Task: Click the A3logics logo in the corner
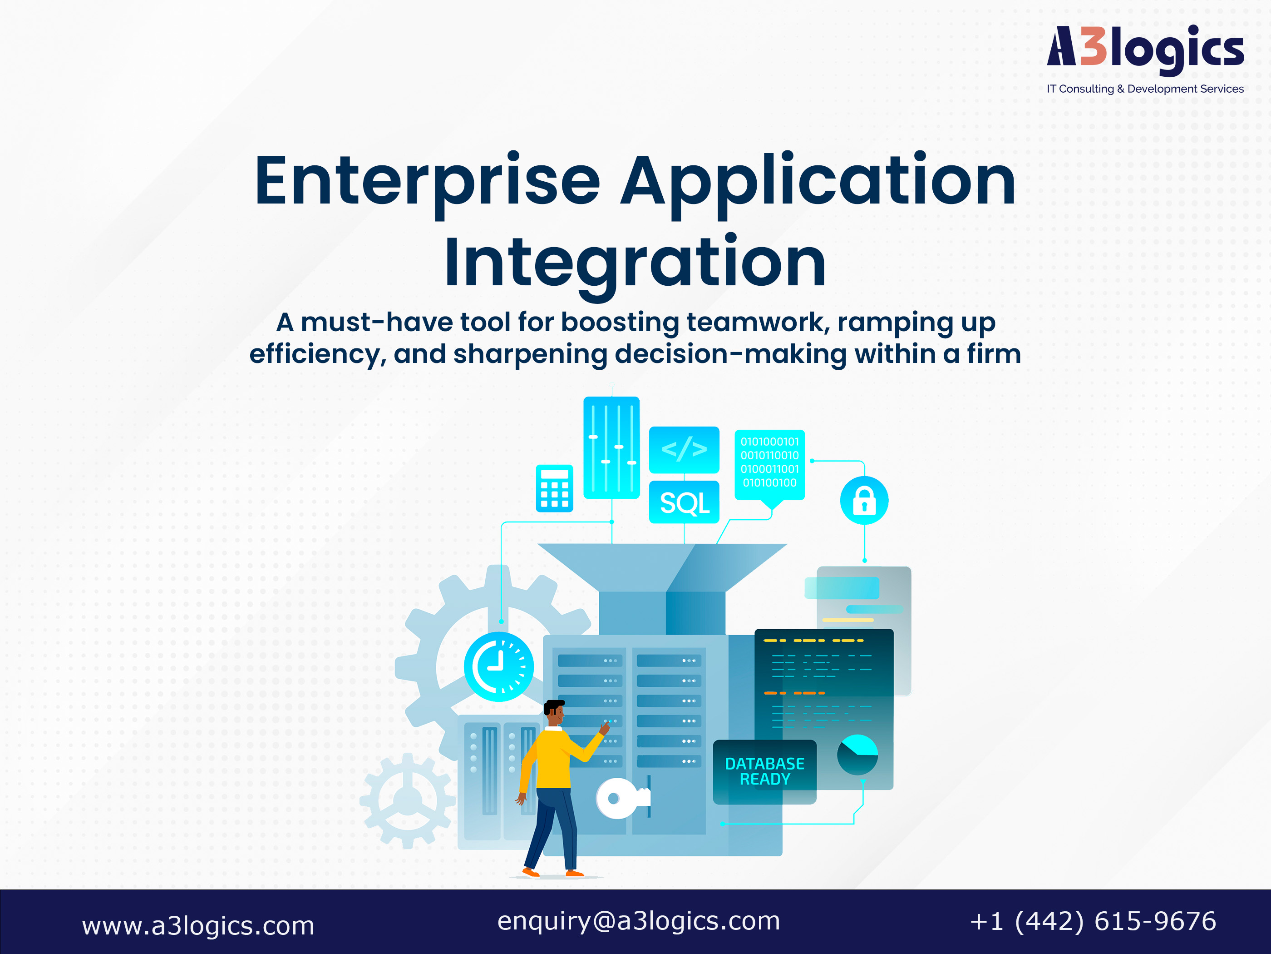pos(1145,50)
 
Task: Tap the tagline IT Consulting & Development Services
pos(1145,89)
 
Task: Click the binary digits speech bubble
pos(769,467)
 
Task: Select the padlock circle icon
pos(864,500)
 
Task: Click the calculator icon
pos(555,488)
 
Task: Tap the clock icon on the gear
pos(499,666)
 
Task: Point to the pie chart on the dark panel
pos(857,755)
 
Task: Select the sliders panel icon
pos(611,447)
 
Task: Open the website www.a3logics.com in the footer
pos(198,926)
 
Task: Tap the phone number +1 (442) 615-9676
pos(1094,921)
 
